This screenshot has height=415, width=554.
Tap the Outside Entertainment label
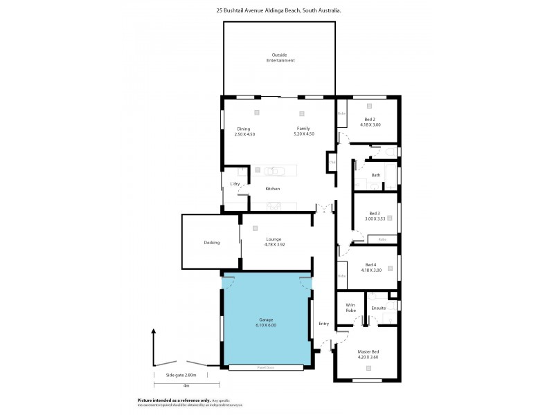point(280,57)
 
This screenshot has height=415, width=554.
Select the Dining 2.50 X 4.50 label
point(244,131)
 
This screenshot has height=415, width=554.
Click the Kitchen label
point(273,189)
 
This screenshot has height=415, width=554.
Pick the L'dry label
point(235,183)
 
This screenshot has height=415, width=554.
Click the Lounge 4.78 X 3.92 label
point(274,241)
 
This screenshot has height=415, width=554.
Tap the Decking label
point(212,242)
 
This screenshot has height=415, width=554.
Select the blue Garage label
point(266,322)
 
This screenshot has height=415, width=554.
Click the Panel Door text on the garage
point(266,367)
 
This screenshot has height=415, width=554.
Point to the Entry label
point(323,324)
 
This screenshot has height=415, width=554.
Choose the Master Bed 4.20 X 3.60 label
point(368,354)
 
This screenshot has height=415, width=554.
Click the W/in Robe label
point(350,308)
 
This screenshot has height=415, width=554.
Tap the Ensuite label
point(378,307)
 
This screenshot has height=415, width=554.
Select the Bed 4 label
point(372,268)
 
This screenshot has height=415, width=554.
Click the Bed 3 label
point(374,216)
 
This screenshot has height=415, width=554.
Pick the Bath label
point(375,175)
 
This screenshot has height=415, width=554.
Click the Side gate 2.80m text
point(181,375)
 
